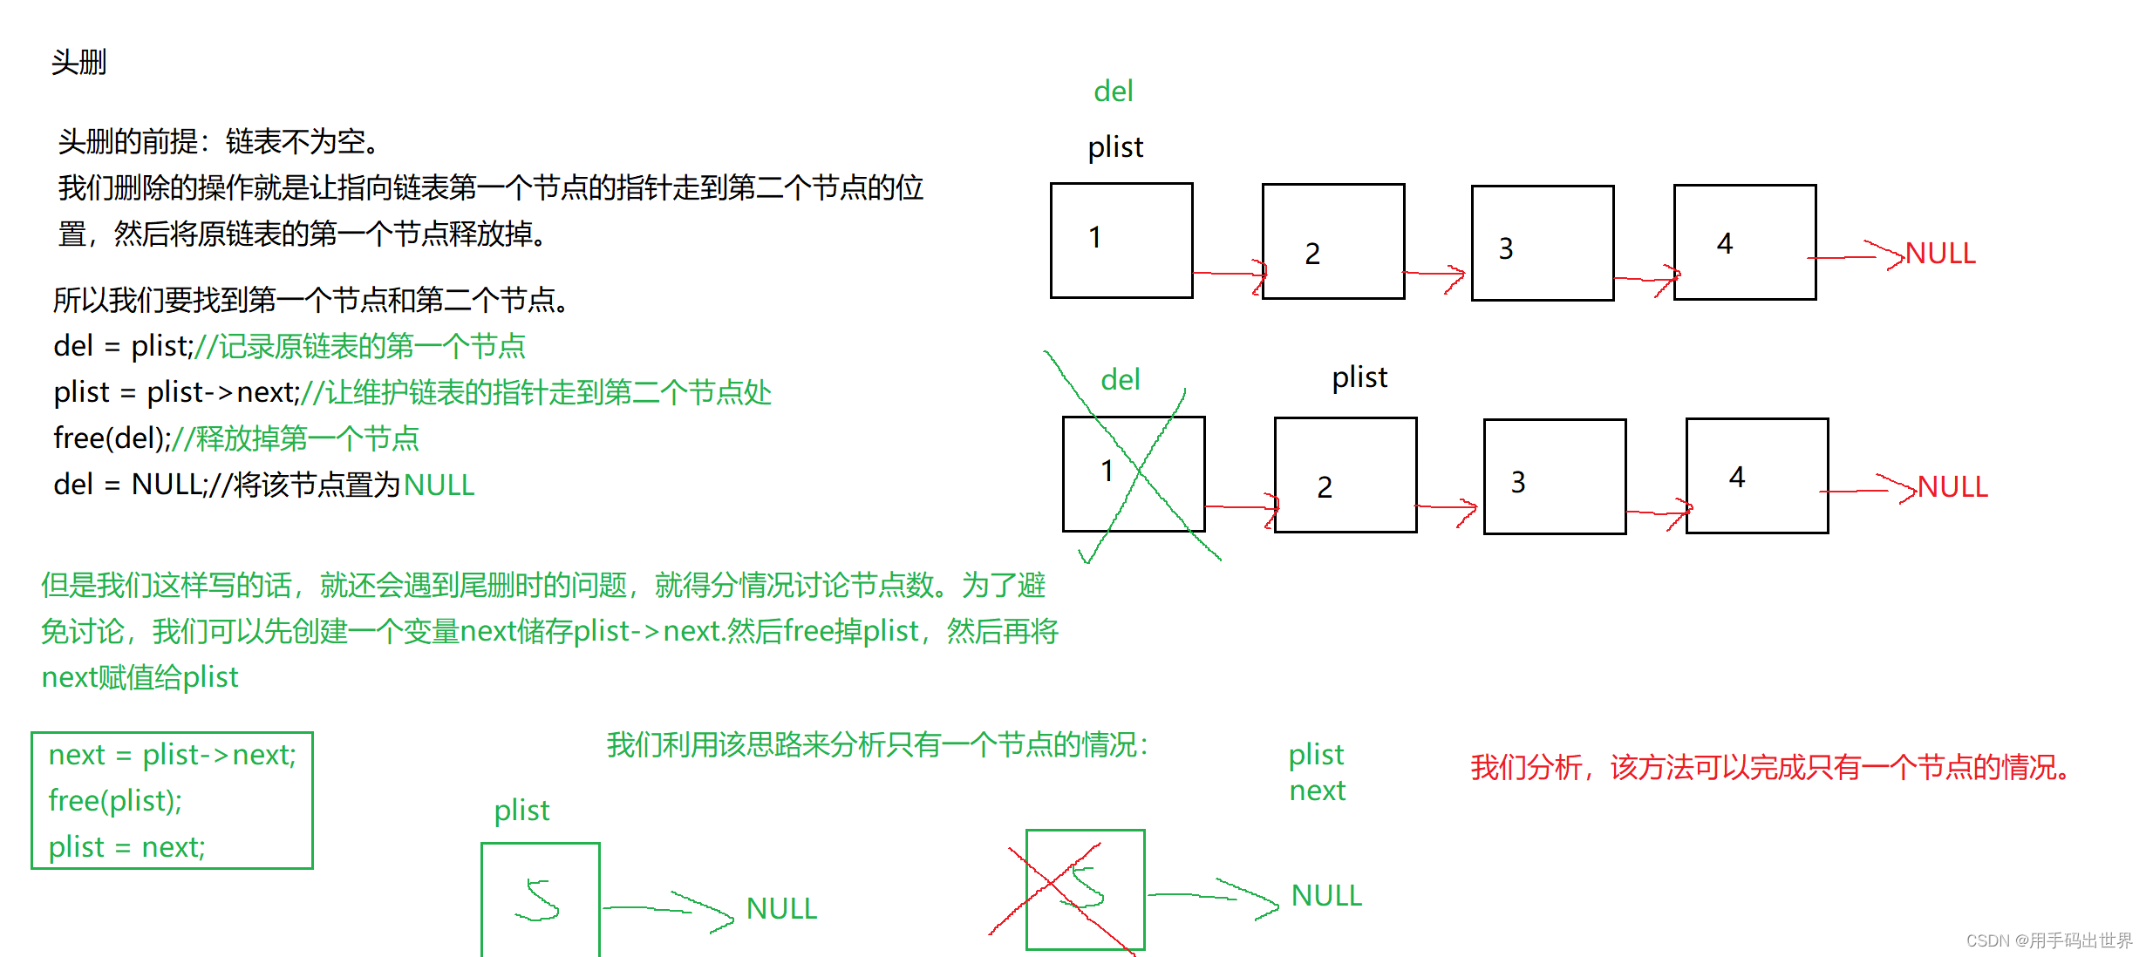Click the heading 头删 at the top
[x=78, y=63]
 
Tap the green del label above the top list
[x=1113, y=92]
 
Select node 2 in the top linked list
[x=1332, y=241]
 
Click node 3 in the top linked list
[x=1542, y=243]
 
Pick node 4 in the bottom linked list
[x=1756, y=476]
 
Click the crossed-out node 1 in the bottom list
[x=1133, y=474]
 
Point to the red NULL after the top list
[x=1939, y=254]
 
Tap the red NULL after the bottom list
[x=1952, y=487]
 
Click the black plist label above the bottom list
[x=1359, y=377]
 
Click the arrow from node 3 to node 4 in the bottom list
[x=1657, y=512]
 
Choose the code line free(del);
[x=112, y=438]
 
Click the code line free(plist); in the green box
[x=115, y=801]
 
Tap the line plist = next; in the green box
[x=126, y=847]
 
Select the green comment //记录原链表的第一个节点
[x=359, y=347]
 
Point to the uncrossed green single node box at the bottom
[x=540, y=898]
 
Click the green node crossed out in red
[x=1085, y=889]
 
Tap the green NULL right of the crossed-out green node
[x=1325, y=896]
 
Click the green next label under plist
[x=1317, y=791]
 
